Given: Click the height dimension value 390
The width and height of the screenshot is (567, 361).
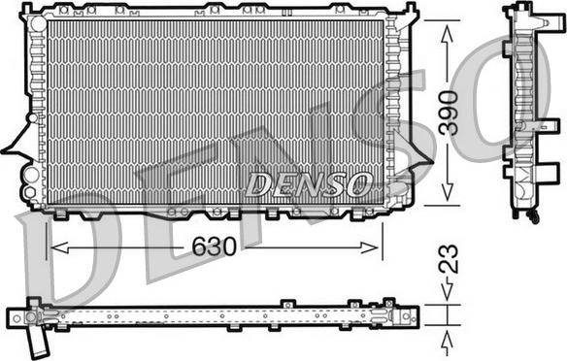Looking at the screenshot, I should click(x=447, y=113).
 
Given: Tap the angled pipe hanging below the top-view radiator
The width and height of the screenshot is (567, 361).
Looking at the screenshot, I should click(x=40, y=341).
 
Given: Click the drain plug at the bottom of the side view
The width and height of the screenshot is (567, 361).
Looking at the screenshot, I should click(x=534, y=218).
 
